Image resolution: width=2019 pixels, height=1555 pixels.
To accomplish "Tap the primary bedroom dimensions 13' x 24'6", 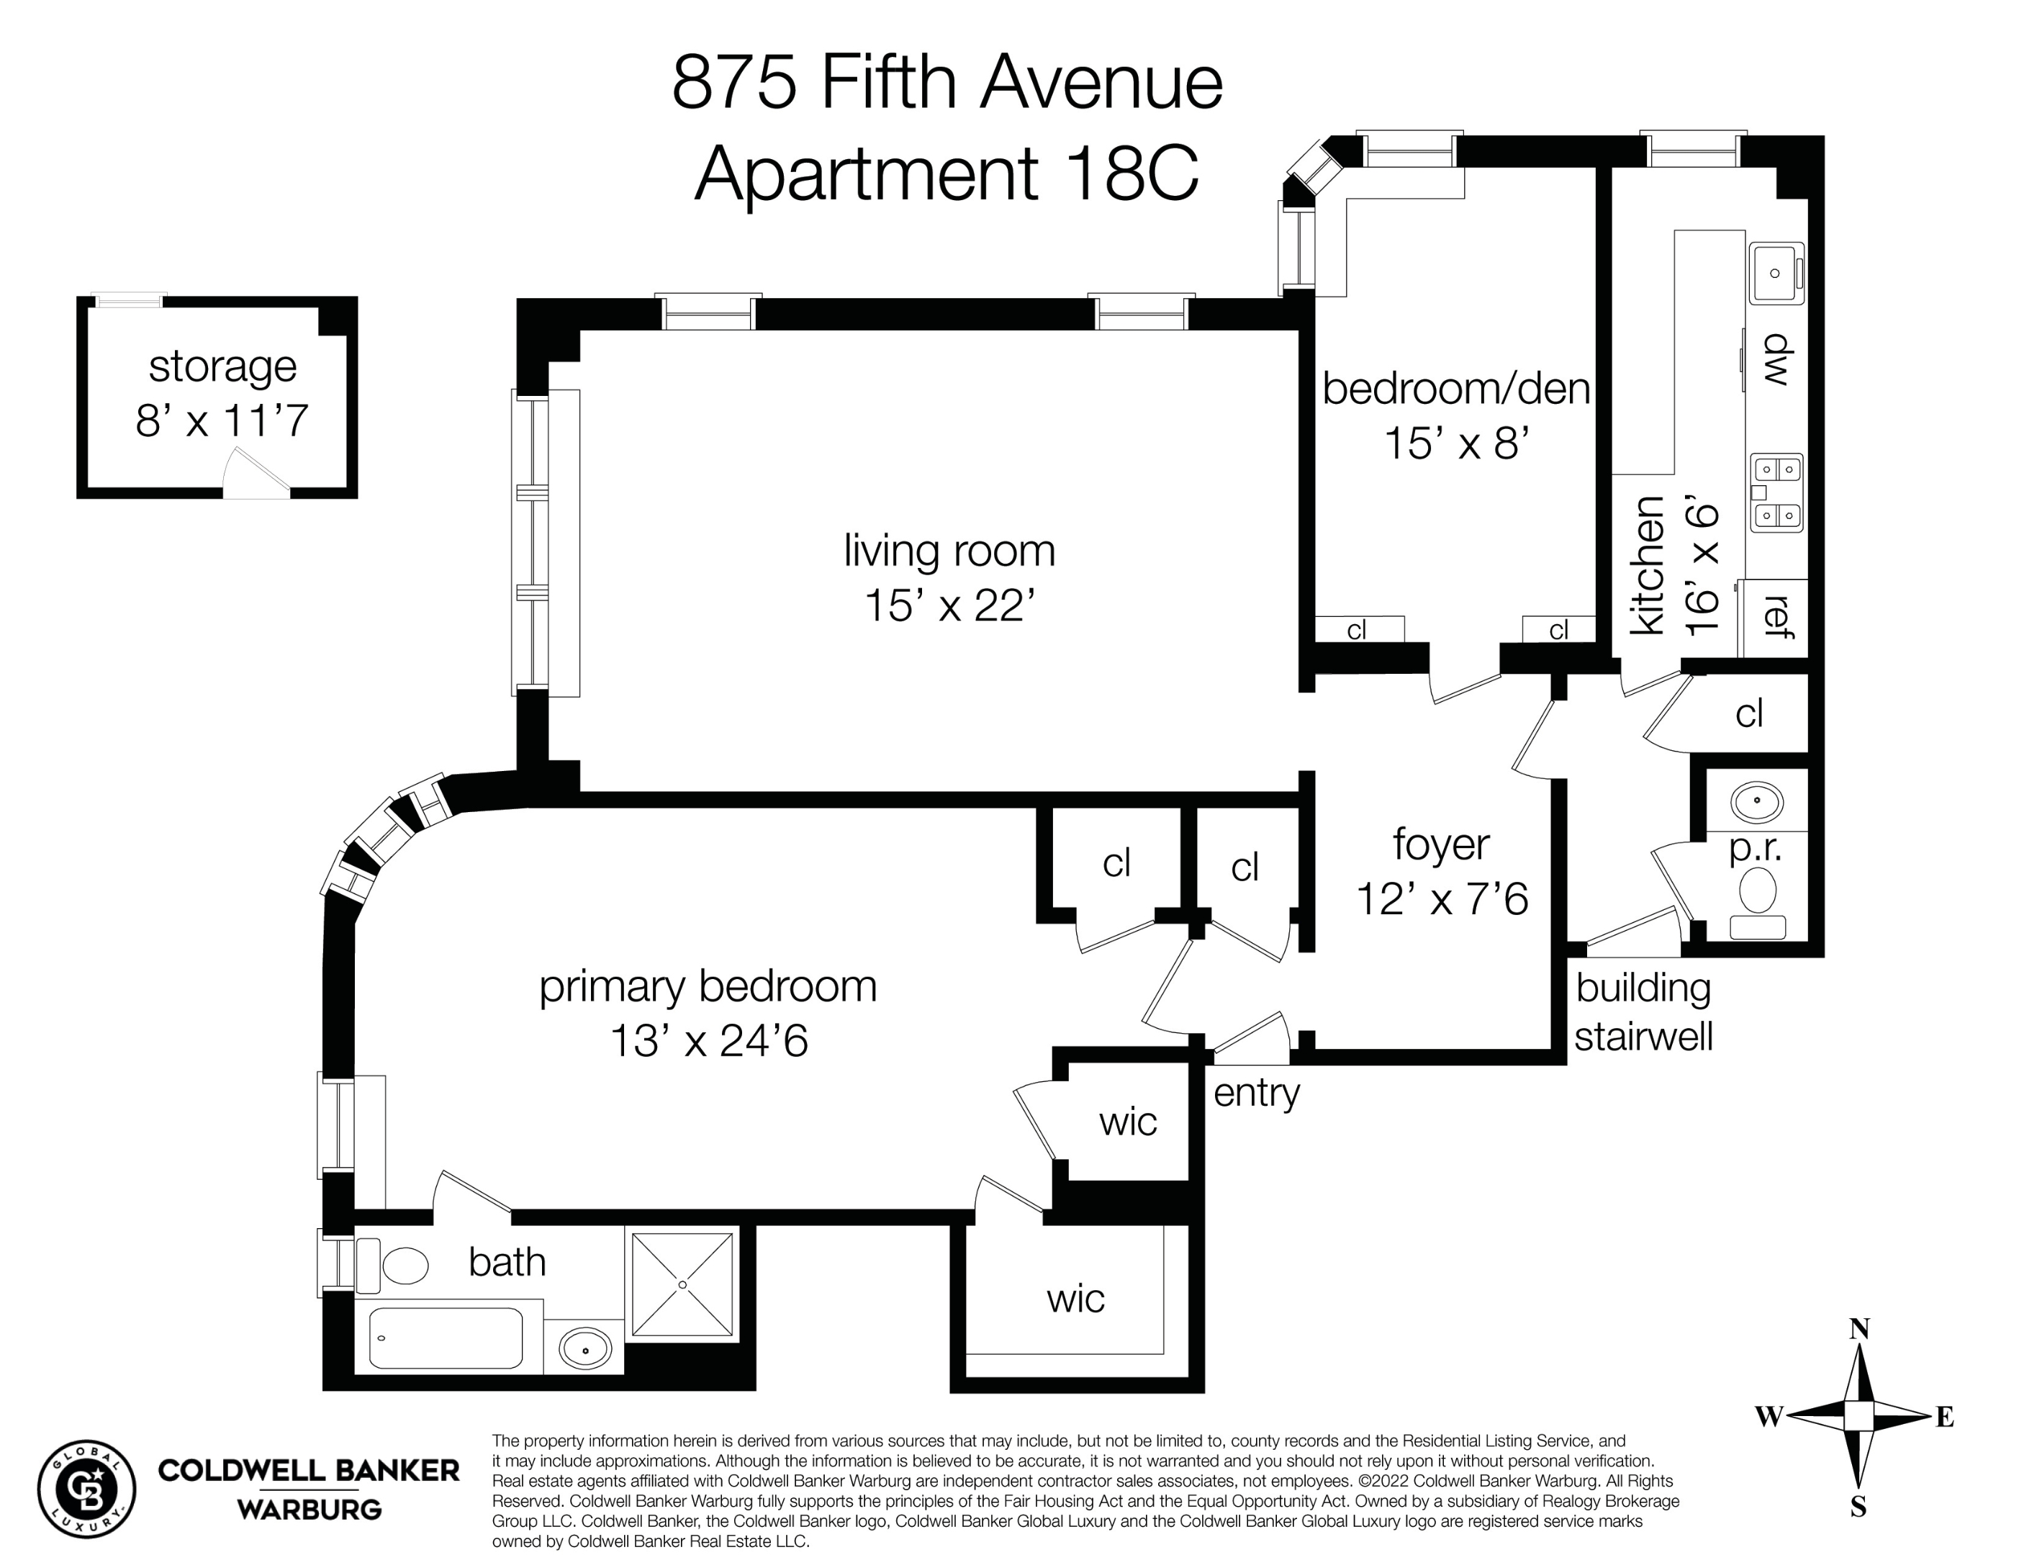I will pos(708,1041).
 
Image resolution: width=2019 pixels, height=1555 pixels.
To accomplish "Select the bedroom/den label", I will pos(1455,388).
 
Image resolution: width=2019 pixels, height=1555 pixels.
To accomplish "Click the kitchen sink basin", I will pos(1774,273).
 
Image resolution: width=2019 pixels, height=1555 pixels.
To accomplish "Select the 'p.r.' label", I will pos(1755,848).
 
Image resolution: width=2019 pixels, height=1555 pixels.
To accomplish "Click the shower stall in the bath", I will pos(682,1284).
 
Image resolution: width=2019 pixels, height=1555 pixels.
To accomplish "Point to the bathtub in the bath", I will pos(446,1338).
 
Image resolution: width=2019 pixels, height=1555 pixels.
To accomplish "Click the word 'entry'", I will pos(1255,1093).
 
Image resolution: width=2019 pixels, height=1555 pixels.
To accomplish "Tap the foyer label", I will pos(1440,844).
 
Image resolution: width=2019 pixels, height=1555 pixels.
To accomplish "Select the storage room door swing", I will pos(257,474).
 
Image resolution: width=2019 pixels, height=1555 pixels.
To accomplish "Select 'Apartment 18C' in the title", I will pos(946,173).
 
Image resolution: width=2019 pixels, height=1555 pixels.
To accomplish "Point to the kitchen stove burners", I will pos(1777,492).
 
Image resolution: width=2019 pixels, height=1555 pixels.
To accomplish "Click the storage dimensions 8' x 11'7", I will pos(222,420).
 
